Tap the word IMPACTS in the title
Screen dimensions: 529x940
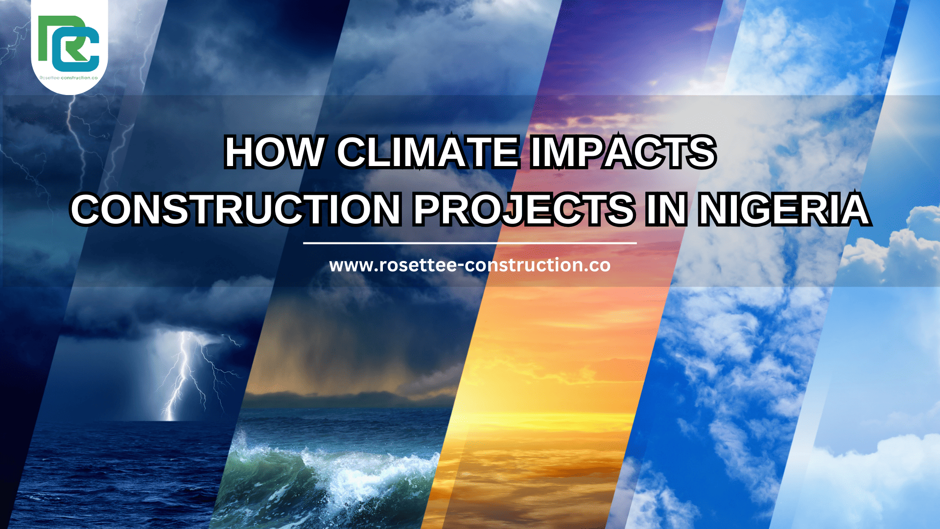(623, 152)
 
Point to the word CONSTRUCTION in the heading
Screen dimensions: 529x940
(236, 210)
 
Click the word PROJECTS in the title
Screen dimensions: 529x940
(524, 210)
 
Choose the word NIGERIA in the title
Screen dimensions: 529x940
(783, 210)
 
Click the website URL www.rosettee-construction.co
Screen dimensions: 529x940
(470, 265)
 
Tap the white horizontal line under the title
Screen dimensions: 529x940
(470, 242)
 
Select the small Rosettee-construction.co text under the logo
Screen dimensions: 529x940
(69, 78)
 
